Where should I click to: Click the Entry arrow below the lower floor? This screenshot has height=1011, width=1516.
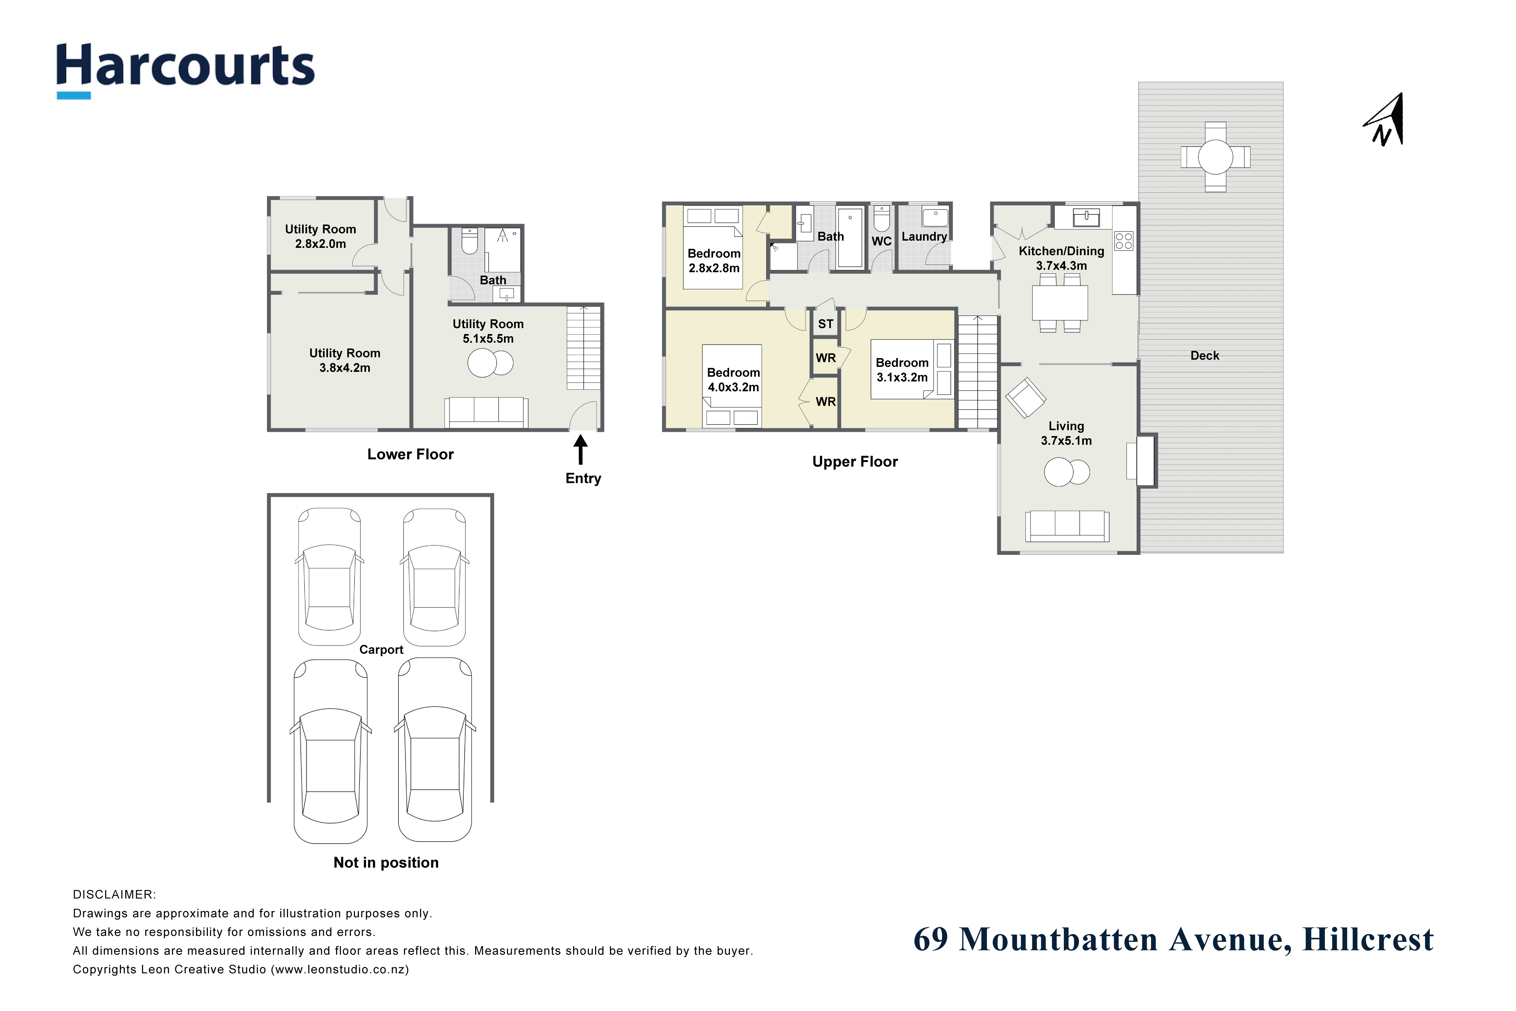click(x=581, y=449)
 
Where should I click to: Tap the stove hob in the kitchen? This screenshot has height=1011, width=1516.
click(x=1124, y=241)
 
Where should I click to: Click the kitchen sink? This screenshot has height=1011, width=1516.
click(x=1087, y=217)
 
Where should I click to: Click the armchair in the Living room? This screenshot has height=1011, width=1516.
click(x=1026, y=398)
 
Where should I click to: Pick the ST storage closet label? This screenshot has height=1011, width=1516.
click(x=826, y=324)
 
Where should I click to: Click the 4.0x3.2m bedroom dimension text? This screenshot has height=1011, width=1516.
click(x=733, y=387)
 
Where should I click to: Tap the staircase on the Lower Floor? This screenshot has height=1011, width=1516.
click(x=584, y=348)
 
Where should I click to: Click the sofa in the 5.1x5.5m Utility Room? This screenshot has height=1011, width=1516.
click(x=487, y=412)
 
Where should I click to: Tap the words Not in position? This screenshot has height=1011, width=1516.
click(x=386, y=863)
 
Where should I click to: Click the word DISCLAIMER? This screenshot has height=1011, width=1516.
click(x=114, y=895)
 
